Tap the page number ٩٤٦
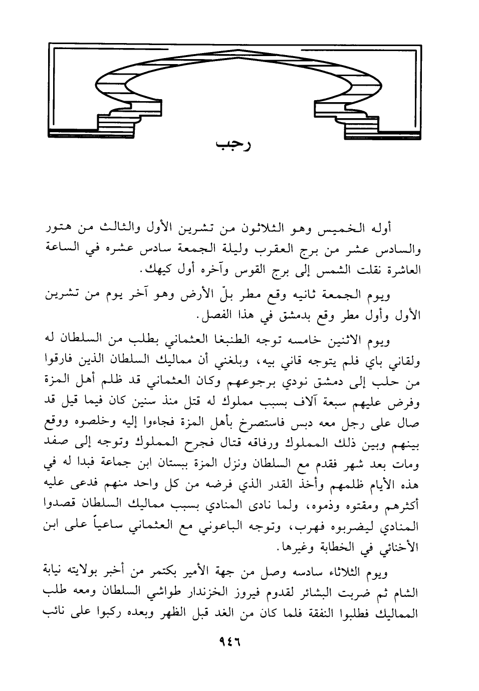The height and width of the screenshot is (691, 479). pyautogui.click(x=229, y=641)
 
